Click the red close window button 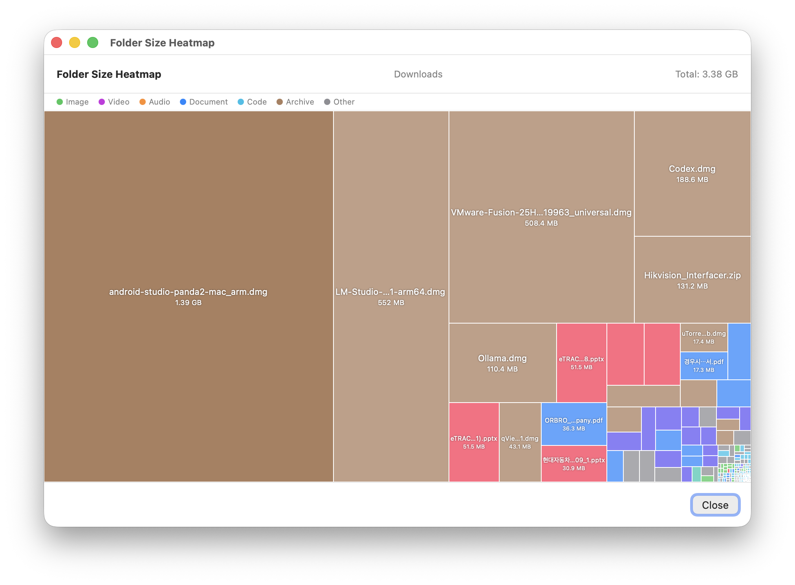tap(57, 42)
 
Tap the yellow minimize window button tap(75, 42)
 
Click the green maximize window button tap(93, 42)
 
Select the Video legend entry tap(114, 102)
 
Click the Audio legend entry tap(155, 102)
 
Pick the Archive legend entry tap(295, 102)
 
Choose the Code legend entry tap(252, 102)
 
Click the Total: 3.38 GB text tap(706, 74)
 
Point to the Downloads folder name tap(418, 74)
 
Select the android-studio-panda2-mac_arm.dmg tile tap(189, 296)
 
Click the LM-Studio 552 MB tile tap(391, 296)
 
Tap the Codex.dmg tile tap(692, 173)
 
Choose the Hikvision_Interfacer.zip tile tap(692, 280)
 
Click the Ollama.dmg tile tap(502, 363)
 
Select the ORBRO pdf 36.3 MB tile tap(573, 424)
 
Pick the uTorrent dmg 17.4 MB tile tap(703, 337)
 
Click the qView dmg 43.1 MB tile tap(520, 442)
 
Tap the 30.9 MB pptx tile tap(573, 464)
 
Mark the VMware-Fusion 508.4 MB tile tap(541, 217)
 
